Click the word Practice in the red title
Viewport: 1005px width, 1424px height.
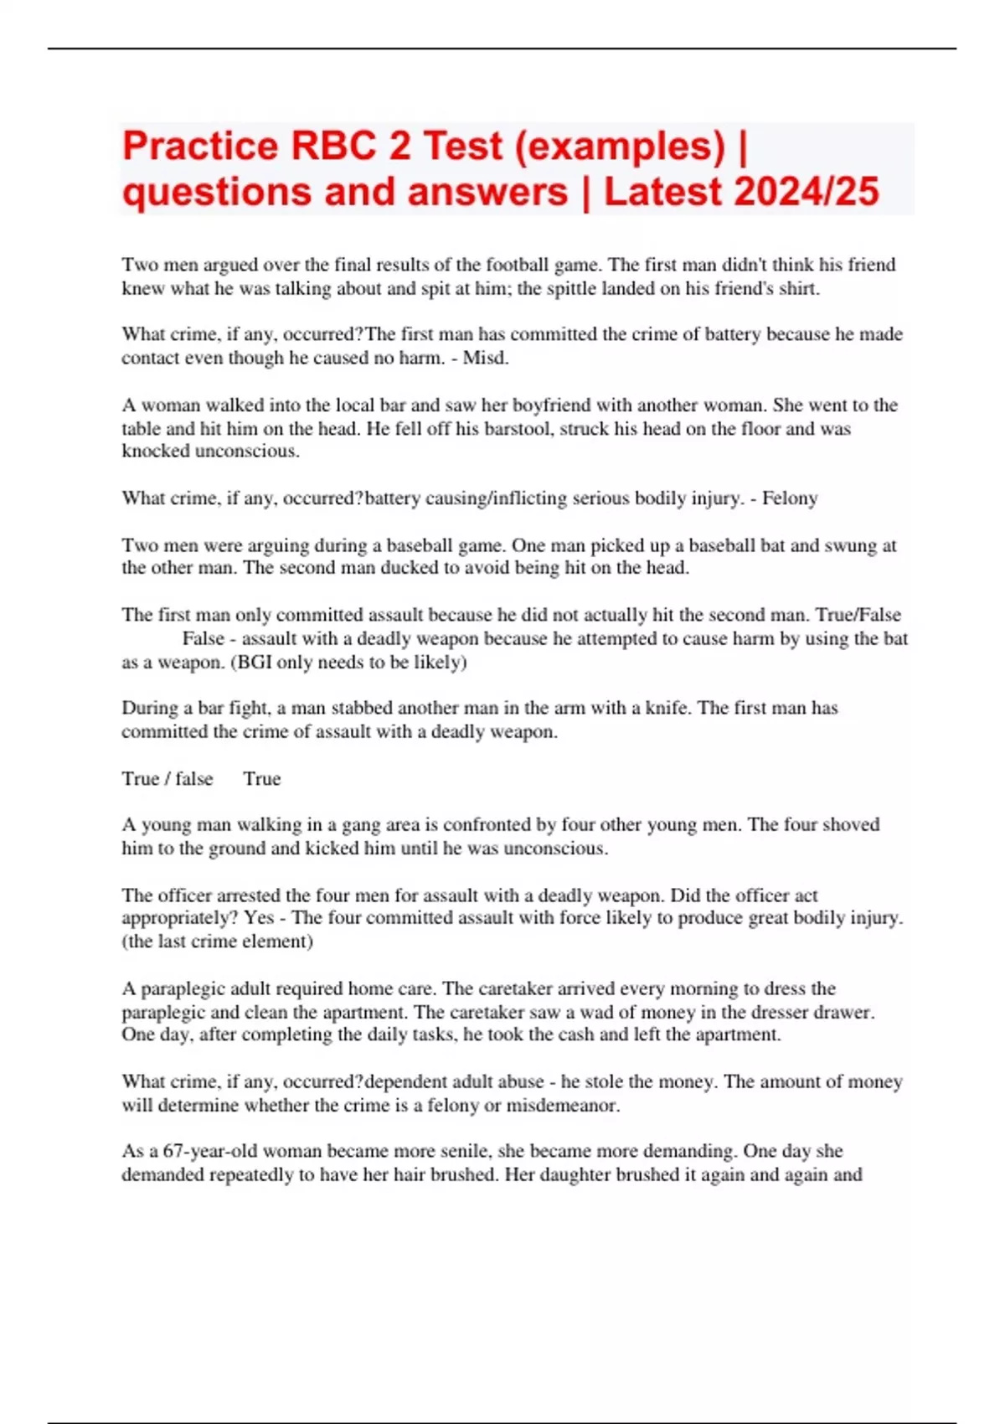click(199, 147)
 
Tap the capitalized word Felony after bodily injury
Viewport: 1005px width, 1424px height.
click(790, 498)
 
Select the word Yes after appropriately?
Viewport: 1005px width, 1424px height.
click(259, 918)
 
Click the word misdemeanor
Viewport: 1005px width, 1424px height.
click(562, 1105)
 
